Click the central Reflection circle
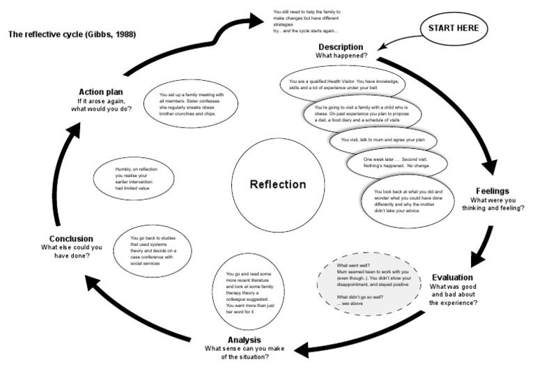coord(278,184)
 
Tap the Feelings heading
coord(493,190)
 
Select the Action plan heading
coord(101,92)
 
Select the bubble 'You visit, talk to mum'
coord(385,140)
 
